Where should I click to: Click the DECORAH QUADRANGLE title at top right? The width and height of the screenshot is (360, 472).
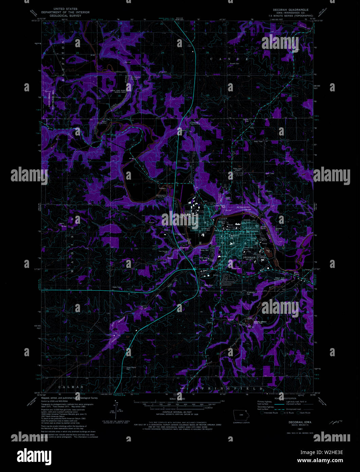click(x=291, y=10)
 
